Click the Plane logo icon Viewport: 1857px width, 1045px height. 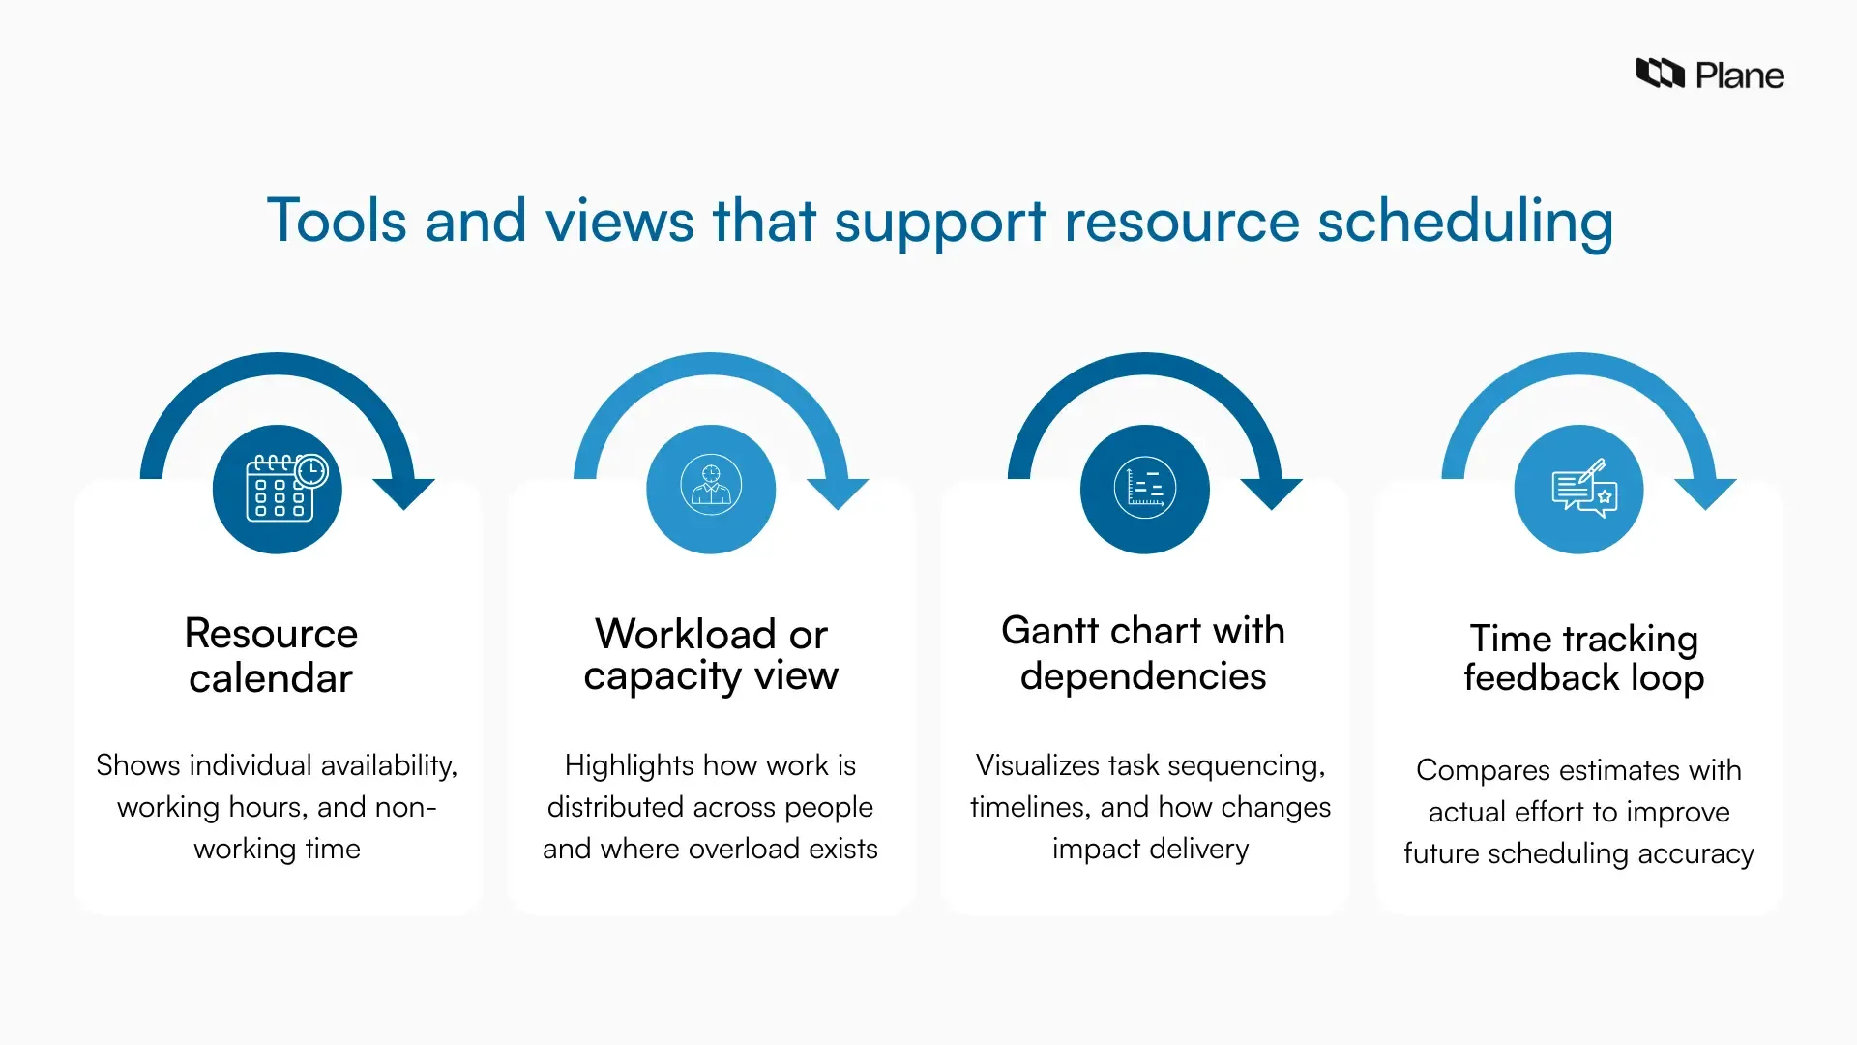[1660, 74]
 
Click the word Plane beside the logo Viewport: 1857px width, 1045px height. [1739, 75]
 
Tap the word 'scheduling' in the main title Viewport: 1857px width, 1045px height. [1464, 222]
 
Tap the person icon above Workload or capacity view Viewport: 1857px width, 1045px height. [711, 485]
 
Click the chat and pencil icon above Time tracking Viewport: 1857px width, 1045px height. [1578, 489]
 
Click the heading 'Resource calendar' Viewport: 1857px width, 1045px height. [271, 655]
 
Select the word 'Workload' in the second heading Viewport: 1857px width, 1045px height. [685, 634]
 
